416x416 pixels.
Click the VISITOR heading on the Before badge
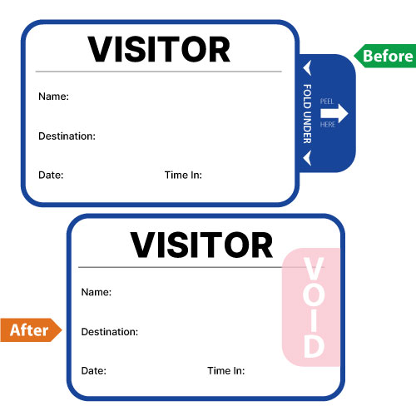pos(159,49)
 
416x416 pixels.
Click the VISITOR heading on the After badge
pos(201,245)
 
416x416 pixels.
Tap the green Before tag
pos(384,56)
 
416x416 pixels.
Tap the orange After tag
pos(31,330)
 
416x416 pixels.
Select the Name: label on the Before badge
pos(53,97)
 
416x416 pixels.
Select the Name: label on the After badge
pos(97,292)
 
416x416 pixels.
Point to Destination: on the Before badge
pos(67,136)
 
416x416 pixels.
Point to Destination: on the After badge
pos(110,332)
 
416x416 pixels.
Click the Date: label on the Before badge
pos(51,175)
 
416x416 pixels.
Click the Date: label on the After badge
pos(94,371)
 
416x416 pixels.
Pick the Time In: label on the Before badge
pos(183,175)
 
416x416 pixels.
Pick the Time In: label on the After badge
pos(226,371)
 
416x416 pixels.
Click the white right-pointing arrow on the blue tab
pos(334,113)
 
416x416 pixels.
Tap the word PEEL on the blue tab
pos(327,102)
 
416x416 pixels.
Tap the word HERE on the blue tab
pos(328,125)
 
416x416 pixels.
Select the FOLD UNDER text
pos(307,114)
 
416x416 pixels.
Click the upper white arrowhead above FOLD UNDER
pos(307,67)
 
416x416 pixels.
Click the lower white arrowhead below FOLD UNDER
pos(307,158)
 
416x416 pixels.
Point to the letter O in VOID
pos(314,295)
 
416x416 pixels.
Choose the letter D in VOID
pos(314,346)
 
